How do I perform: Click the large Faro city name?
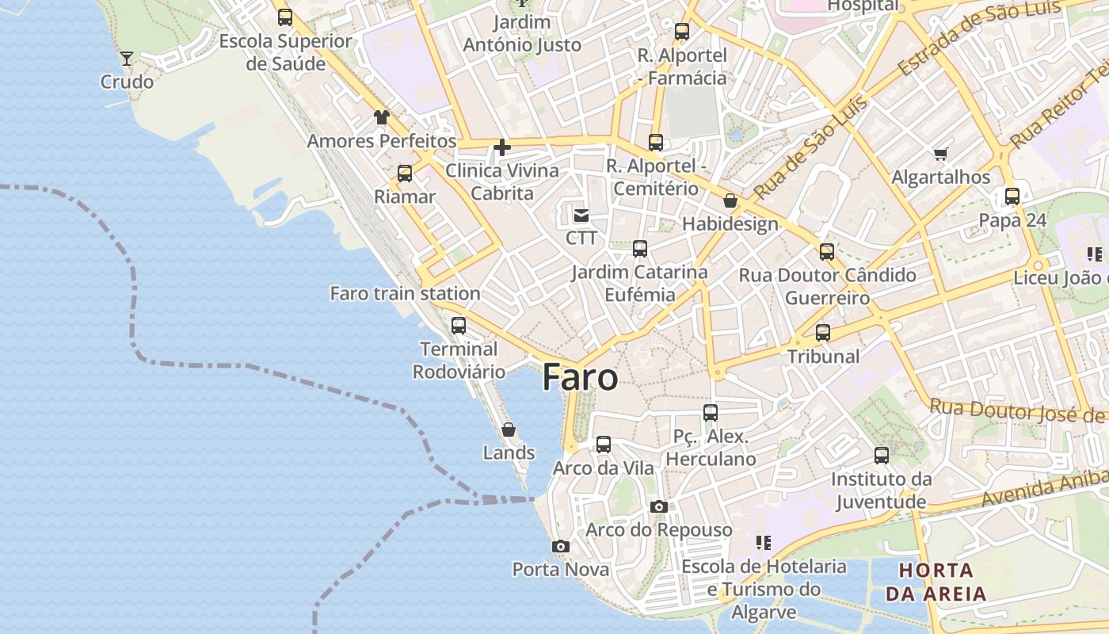click(580, 378)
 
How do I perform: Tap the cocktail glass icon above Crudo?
click(126, 58)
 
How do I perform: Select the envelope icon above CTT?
click(581, 215)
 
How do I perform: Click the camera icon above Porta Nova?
click(560, 546)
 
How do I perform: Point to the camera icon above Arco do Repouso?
click(658, 506)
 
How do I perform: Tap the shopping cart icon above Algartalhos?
click(940, 154)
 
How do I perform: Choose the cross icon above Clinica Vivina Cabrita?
click(501, 147)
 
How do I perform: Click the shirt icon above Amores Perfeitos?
click(382, 117)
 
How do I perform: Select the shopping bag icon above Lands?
click(509, 430)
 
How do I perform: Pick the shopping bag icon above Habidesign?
click(730, 201)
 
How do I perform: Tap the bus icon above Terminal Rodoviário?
click(458, 325)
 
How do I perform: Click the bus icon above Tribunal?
click(823, 333)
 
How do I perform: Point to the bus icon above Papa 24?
click(1012, 197)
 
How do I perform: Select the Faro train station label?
click(405, 293)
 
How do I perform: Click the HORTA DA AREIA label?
click(936, 582)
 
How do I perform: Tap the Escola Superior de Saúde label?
click(285, 52)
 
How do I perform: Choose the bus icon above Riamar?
click(405, 174)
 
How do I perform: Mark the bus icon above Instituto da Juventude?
click(882, 456)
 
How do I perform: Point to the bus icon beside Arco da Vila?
click(604, 445)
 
